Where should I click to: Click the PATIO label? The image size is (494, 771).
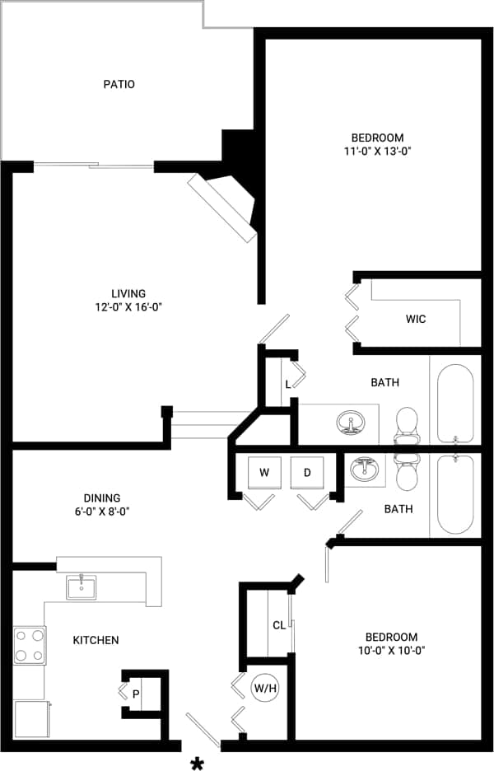point(119,84)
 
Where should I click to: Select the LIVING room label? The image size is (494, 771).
point(128,293)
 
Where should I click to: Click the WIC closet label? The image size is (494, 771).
point(416,319)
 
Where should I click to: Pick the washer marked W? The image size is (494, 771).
point(264,472)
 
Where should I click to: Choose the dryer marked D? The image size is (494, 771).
point(307,472)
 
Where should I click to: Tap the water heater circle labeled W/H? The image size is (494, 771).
point(264,688)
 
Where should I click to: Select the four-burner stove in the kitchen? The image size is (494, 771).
point(29,646)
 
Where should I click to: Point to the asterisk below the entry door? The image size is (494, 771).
point(198,764)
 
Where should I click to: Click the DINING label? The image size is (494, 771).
point(102,498)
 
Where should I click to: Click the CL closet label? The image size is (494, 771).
point(279,625)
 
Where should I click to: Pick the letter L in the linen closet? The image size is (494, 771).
point(287,385)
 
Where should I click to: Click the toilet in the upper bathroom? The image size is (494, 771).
point(407,424)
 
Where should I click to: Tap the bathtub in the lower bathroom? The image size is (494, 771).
point(454,494)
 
